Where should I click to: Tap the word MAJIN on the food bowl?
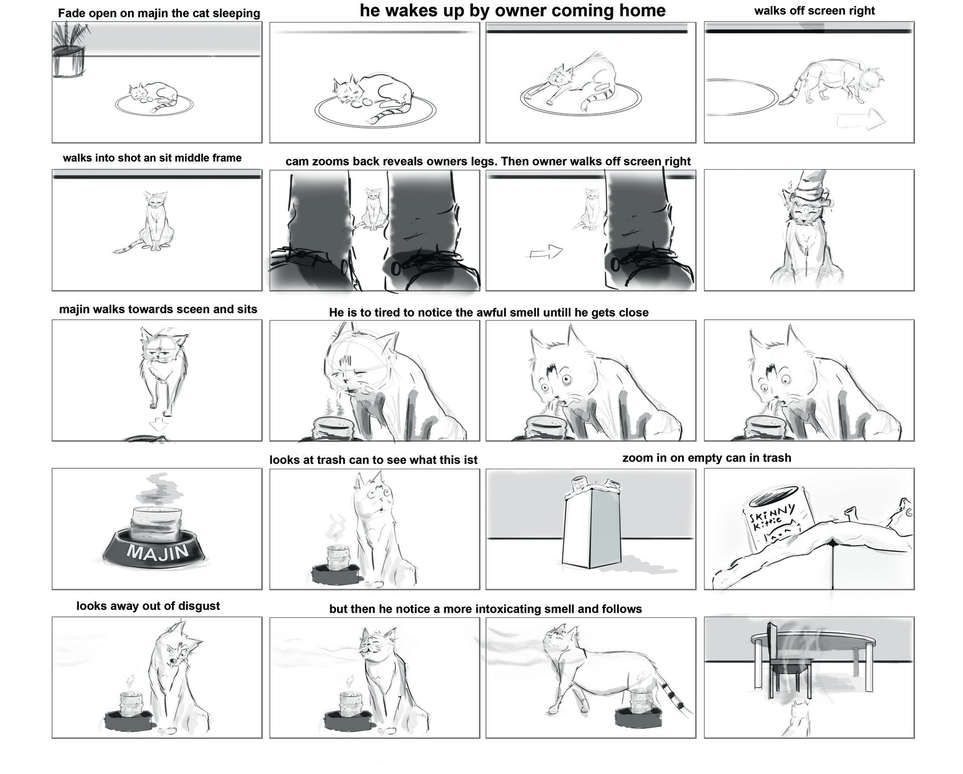pos(158,552)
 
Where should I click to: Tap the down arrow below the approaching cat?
pos(159,425)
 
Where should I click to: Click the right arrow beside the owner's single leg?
pos(546,252)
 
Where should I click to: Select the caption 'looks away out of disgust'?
pos(148,606)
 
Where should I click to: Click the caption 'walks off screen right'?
pos(814,11)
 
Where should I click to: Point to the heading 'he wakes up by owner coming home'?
pos(512,11)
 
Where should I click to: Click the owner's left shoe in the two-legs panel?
pos(311,266)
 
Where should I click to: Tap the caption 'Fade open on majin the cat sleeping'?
pos(159,14)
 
